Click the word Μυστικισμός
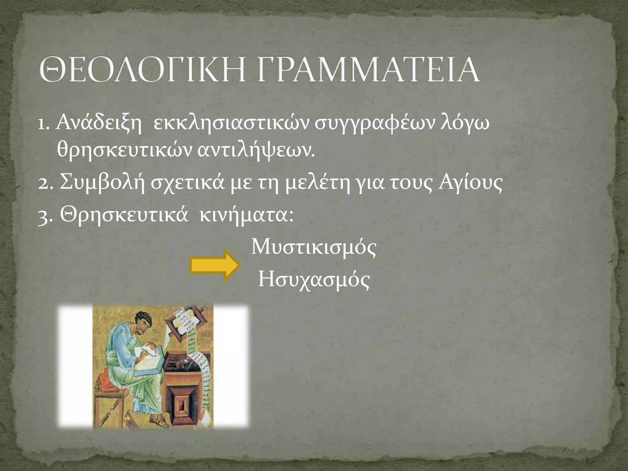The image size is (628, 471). [x=313, y=248]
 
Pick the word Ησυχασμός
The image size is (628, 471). [x=314, y=280]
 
